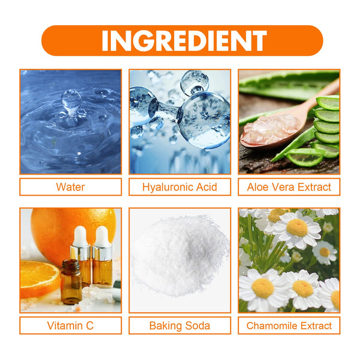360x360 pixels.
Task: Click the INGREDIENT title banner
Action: pyautogui.click(x=182, y=40)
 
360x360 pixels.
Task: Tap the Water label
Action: pyautogui.click(x=70, y=187)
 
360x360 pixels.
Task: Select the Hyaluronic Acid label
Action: pyautogui.click(x=179, y=187)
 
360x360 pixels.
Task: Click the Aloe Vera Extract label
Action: pyautogui.click(x=289, y=187)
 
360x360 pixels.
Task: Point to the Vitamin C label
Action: pyautogui.click(x=70, y=326)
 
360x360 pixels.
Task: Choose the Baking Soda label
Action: pyautogui.click(x=179, y=326)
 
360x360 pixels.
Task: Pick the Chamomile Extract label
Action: pyautogui.click(x=289, y=326)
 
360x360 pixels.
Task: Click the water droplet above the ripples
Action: pyautogui.click(x=71, y=98)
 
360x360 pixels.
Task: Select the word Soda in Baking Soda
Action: pyautogui.click(x=197, y=326)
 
